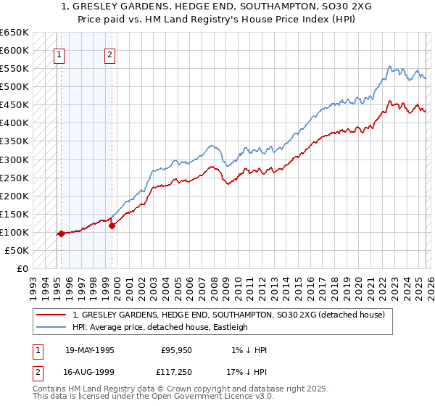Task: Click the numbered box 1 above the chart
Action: tap(58, 54)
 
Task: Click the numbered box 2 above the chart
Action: tap(109, 54)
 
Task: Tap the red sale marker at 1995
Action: tap(62, 233)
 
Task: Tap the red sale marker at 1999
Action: tap(112, 225)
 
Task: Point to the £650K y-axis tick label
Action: tap(14, 33)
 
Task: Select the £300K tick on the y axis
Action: tap(14, 159)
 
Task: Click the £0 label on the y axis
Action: tap(22, 268)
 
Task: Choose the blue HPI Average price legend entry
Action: tap(160, 327)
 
